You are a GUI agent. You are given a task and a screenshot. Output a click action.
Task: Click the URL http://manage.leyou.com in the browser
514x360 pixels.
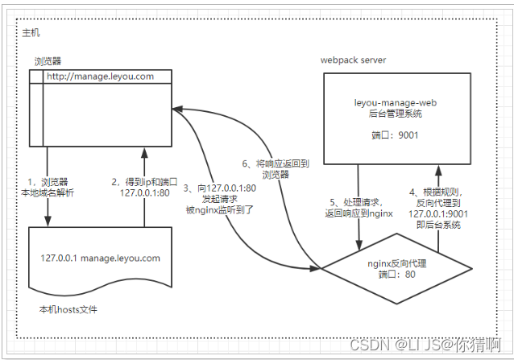coord(99,77)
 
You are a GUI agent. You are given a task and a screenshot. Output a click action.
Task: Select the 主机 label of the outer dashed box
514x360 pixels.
coord(31,32)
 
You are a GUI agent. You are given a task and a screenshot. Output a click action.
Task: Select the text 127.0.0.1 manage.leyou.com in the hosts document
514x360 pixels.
coord(101,259)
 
